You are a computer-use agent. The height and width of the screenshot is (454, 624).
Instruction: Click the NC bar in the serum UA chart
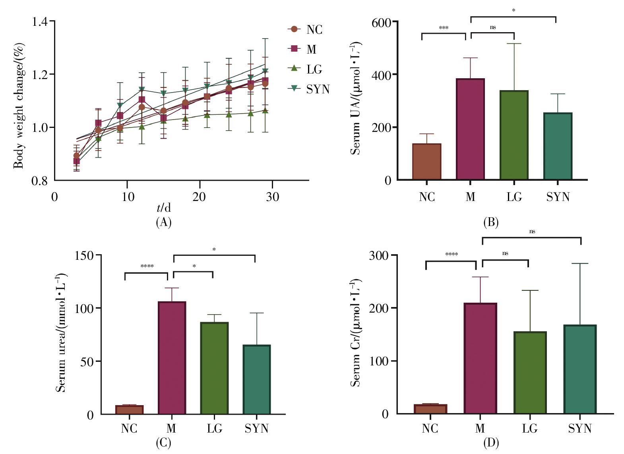pos(426,162)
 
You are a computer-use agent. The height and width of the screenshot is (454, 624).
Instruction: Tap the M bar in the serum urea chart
pos(172,357)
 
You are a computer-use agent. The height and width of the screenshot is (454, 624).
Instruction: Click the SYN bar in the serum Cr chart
pos(580,369)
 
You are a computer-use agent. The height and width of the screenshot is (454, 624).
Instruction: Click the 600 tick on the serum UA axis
pos(381,23)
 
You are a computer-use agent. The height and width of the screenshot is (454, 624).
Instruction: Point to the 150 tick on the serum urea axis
pos(84,255)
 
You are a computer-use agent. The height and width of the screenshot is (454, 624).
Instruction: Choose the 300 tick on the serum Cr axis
pos(378,255)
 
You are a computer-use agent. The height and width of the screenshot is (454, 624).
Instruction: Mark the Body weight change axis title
pos(19,106)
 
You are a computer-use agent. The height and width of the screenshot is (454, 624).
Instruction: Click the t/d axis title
pos(163,208)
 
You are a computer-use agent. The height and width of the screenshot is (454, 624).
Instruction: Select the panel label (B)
pos(491,222)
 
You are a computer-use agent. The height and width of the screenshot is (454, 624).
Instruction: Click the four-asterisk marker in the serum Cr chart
pos(452,254)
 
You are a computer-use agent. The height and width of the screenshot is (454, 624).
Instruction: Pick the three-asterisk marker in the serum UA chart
pos(444,28)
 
